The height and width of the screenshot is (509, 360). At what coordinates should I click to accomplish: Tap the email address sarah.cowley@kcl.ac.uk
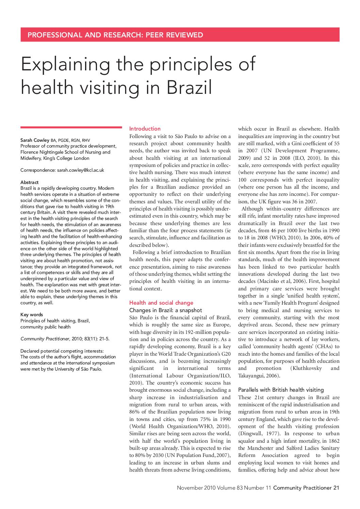coord(80,170)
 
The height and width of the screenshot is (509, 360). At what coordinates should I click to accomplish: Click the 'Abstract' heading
coord(30,182)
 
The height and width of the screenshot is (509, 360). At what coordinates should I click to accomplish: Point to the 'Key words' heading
coord(32,315)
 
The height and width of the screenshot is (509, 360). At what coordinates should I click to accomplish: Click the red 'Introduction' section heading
coord(145,129)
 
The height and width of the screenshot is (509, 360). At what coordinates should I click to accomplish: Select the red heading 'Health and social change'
coord(161,303)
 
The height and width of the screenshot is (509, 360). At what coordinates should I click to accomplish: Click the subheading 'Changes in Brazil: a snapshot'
coord(166,310)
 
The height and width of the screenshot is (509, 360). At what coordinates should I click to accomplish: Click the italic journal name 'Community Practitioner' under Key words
coord(45,339)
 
